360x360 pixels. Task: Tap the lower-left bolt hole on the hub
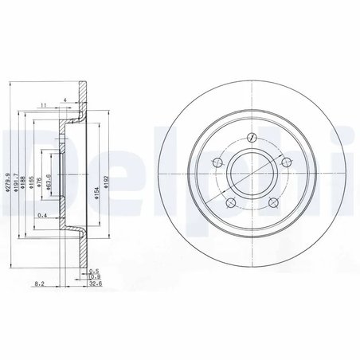pyautogui.click(x=230, y=204)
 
